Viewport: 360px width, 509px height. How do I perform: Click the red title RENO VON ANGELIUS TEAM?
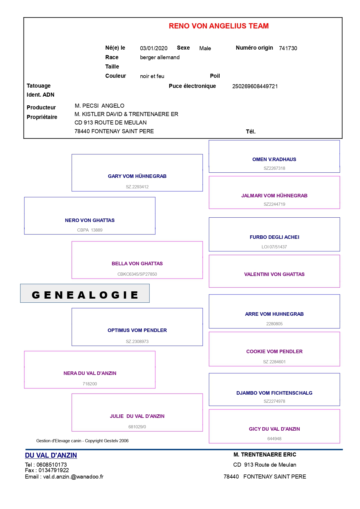click(219, 26)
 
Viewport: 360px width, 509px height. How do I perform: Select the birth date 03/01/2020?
click(154, 48)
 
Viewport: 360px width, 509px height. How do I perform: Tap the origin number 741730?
click(288, 48)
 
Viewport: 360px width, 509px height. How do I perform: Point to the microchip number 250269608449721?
click(255, 86)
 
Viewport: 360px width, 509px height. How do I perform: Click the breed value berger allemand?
click(160, 57)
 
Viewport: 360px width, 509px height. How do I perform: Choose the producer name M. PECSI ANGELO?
click(100, 106)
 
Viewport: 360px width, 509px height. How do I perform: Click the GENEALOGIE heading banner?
click(85, 293)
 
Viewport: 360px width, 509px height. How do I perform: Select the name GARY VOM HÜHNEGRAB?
click(137, 176)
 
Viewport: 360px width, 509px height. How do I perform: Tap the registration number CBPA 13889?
click(90, 230)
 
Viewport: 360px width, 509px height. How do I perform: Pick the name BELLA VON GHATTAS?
click(137, 263)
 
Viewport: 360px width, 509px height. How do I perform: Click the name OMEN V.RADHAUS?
click(274, 159)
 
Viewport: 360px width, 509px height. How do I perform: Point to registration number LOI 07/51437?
click(274, 247)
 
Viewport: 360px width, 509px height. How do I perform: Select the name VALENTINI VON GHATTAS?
click(274, 274)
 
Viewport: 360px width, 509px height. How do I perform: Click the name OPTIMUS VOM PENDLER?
click(137, 330)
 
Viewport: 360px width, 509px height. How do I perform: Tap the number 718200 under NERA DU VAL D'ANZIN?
click(90, 384)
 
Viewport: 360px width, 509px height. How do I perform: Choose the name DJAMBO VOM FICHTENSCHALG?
click(274, 393)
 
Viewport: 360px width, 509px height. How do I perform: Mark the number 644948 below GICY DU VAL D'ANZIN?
click(274, 439)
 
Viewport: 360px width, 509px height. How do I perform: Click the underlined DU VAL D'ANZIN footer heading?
click(51, 455)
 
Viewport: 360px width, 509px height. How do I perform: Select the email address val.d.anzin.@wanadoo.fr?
click(73, 476)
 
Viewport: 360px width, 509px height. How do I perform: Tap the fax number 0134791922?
click(54, 470)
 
